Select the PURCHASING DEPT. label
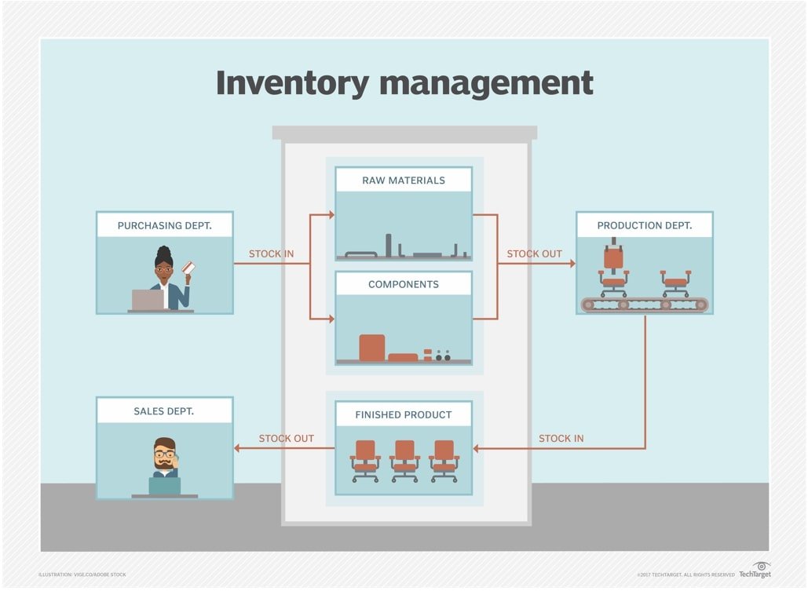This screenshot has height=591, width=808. [164, 225]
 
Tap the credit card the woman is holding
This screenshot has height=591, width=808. [188, 268]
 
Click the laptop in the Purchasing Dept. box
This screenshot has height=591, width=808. [148, 300]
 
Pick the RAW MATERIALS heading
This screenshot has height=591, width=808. [403, 180]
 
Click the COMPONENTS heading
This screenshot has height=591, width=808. [403, 284]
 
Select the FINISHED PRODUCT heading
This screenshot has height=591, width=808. [403, 414]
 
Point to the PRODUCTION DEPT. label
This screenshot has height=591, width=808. [644, 225]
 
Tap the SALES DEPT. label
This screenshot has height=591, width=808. [164, 410]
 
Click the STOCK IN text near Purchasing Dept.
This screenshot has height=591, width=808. [271, 254]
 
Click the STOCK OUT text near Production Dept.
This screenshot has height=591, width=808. [534, 254]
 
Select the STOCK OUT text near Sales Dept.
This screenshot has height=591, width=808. [286, 438]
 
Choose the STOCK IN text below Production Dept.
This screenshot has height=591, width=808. [561, 438]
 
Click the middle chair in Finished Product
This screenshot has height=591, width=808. [404, 460]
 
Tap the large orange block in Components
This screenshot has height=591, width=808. [372, 348]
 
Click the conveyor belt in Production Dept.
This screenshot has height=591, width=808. [644, 305]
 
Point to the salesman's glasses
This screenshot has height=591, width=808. [165, 454]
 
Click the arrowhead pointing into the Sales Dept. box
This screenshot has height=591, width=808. [238, 449]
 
